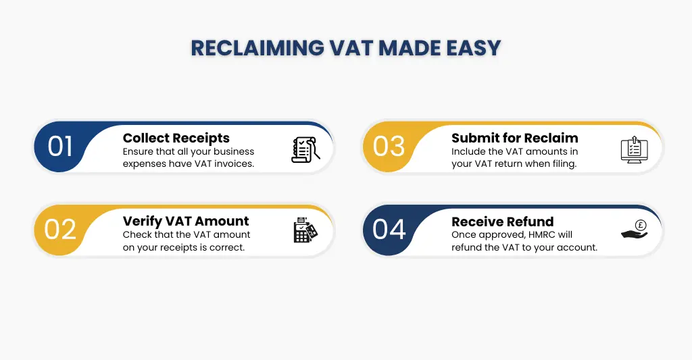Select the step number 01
coord(60,147)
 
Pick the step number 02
coord(60,230)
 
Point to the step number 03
coord(389,147)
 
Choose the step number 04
coord(389,230)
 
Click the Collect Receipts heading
coord(176,138)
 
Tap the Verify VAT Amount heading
coord(186,221)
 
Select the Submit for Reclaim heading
coord(514,138)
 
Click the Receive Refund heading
coord(502,221)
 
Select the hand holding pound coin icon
coord(634,231)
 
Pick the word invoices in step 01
coord(232,164)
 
